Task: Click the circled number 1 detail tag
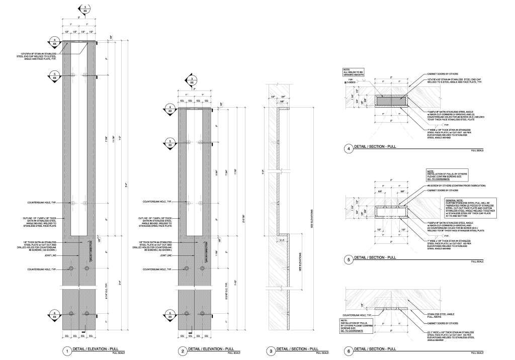tap(65, 351)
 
